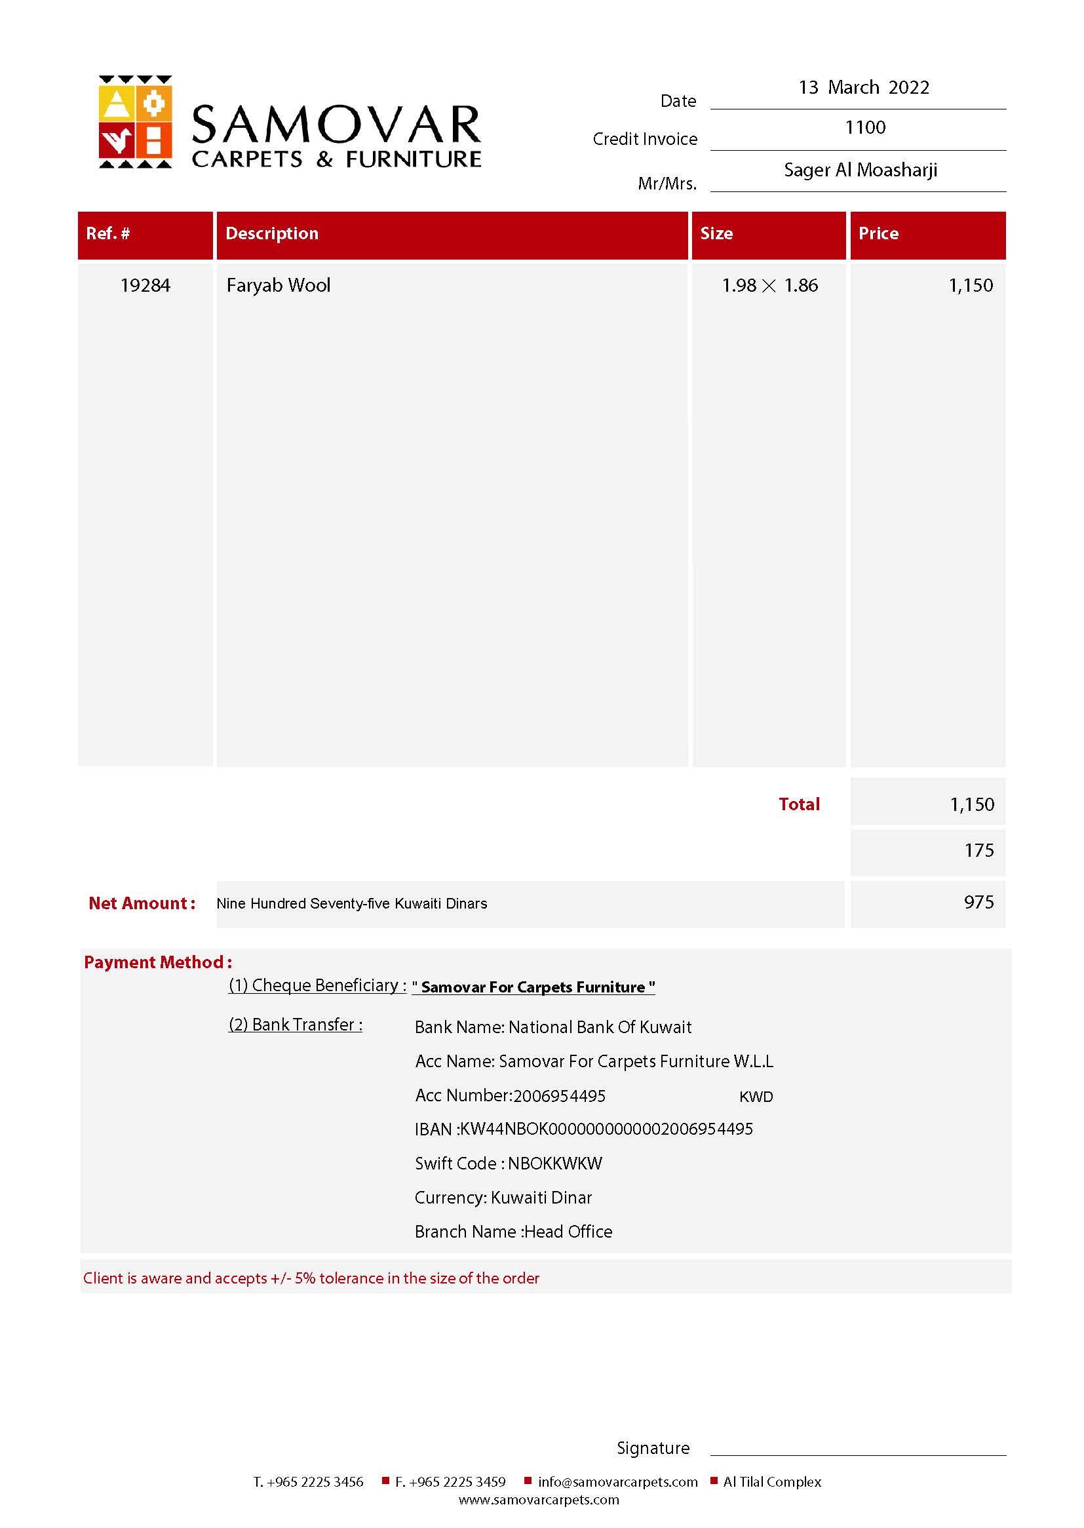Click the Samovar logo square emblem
click(x=135, y=121)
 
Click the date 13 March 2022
click(x=863, y=87)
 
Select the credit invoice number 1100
click(x=865, y=128)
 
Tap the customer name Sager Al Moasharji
click(x=860, y=170)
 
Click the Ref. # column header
click(x=108, y=233)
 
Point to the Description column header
click(x=272, y=233)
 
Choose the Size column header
click(x=716, y=233)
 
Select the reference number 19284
click(x=145, y=286)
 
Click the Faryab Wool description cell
click(x=279, y=286)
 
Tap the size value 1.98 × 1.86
click(x=769, y=286)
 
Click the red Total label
click(x=798, y=804)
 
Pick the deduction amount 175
click(x=978, y=850)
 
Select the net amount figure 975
click(x=978, y=903)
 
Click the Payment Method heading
click(x=157, y=962)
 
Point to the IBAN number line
click(x=583, y=1129)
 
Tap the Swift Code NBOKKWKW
click(x=508, y=1163)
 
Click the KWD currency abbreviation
click(x=756, y=1097)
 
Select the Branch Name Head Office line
click(x=513, y=1231)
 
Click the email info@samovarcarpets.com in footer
click(x=617, y=1482)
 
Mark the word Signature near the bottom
click(x=653, y=1448)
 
